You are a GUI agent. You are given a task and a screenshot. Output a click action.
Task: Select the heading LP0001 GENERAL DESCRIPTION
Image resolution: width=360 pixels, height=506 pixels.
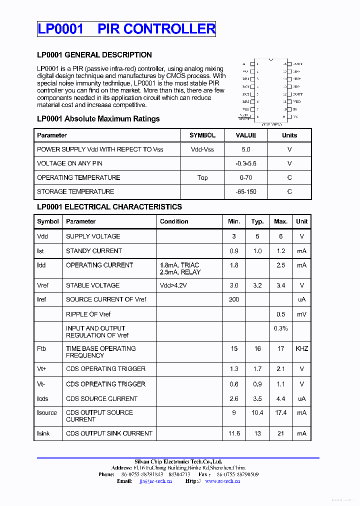pos(94,55)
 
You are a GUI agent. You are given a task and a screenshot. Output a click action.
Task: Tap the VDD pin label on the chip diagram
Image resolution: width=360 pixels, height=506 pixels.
pos(297,101)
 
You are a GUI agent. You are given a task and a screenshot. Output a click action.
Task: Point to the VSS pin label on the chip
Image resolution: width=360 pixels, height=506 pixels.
pos(245,109)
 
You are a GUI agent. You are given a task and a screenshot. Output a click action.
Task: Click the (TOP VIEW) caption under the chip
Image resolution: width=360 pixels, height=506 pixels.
pos(271,123)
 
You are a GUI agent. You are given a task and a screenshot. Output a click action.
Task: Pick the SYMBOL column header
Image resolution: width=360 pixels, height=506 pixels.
pos(202,135)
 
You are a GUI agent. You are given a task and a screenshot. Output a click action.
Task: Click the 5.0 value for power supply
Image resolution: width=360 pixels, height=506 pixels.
pos(245,149)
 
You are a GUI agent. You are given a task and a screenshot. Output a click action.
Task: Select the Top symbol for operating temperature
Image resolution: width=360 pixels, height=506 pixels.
pos(202,177)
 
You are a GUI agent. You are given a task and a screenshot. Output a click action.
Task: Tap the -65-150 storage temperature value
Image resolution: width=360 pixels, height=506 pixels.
pos(245,191)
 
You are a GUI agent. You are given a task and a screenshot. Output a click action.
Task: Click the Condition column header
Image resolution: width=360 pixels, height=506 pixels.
pos(174,221)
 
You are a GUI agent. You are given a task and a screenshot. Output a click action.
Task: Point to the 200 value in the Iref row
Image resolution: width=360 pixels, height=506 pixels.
pos(233,299)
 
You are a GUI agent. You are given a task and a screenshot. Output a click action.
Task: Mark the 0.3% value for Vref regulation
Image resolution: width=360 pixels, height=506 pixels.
pos(280,328)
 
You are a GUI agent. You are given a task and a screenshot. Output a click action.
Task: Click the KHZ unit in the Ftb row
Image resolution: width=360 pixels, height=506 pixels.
pos(301,348)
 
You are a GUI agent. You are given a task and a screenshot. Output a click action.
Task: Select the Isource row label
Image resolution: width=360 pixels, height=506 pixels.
pos(47,413)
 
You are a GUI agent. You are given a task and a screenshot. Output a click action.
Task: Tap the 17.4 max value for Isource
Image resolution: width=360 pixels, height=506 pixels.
pos(280,413)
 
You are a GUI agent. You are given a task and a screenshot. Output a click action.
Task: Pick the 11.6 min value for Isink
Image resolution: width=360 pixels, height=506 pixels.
pos(233,433)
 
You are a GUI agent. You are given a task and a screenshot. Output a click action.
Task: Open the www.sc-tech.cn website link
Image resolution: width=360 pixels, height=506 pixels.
pos(222,481)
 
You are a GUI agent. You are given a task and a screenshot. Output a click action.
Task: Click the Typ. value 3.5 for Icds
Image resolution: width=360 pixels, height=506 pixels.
pos(257,399)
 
